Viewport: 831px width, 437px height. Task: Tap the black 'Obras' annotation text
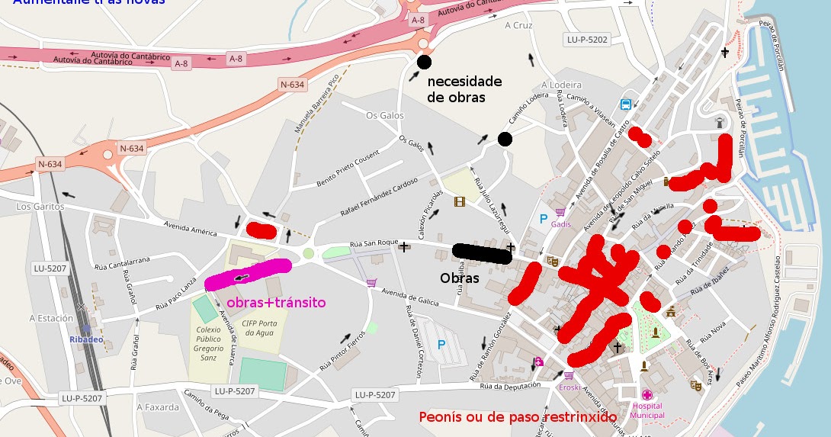click(460, 278)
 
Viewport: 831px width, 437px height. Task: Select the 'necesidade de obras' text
click(464, 89)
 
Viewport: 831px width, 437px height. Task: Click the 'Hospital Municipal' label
click(647, 410)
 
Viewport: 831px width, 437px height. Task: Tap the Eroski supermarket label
click(569, 387)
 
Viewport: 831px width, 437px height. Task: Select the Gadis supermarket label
click(560, 223)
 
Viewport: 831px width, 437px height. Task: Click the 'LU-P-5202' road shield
click(587, 39)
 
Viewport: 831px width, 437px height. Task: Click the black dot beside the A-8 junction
click(424, 62)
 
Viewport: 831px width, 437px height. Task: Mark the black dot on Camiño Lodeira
click(505, 139)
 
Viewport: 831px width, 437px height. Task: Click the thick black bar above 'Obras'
click(482, 252)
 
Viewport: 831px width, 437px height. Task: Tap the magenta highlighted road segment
click(249, 275)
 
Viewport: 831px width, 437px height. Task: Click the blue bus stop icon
click(626, 104)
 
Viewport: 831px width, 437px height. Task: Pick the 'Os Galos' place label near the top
click(384, 115)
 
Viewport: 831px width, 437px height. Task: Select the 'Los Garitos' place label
click(36, 207)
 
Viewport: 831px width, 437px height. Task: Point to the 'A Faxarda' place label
click(158, 406)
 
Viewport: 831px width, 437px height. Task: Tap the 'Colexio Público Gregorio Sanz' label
click(209, 343)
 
